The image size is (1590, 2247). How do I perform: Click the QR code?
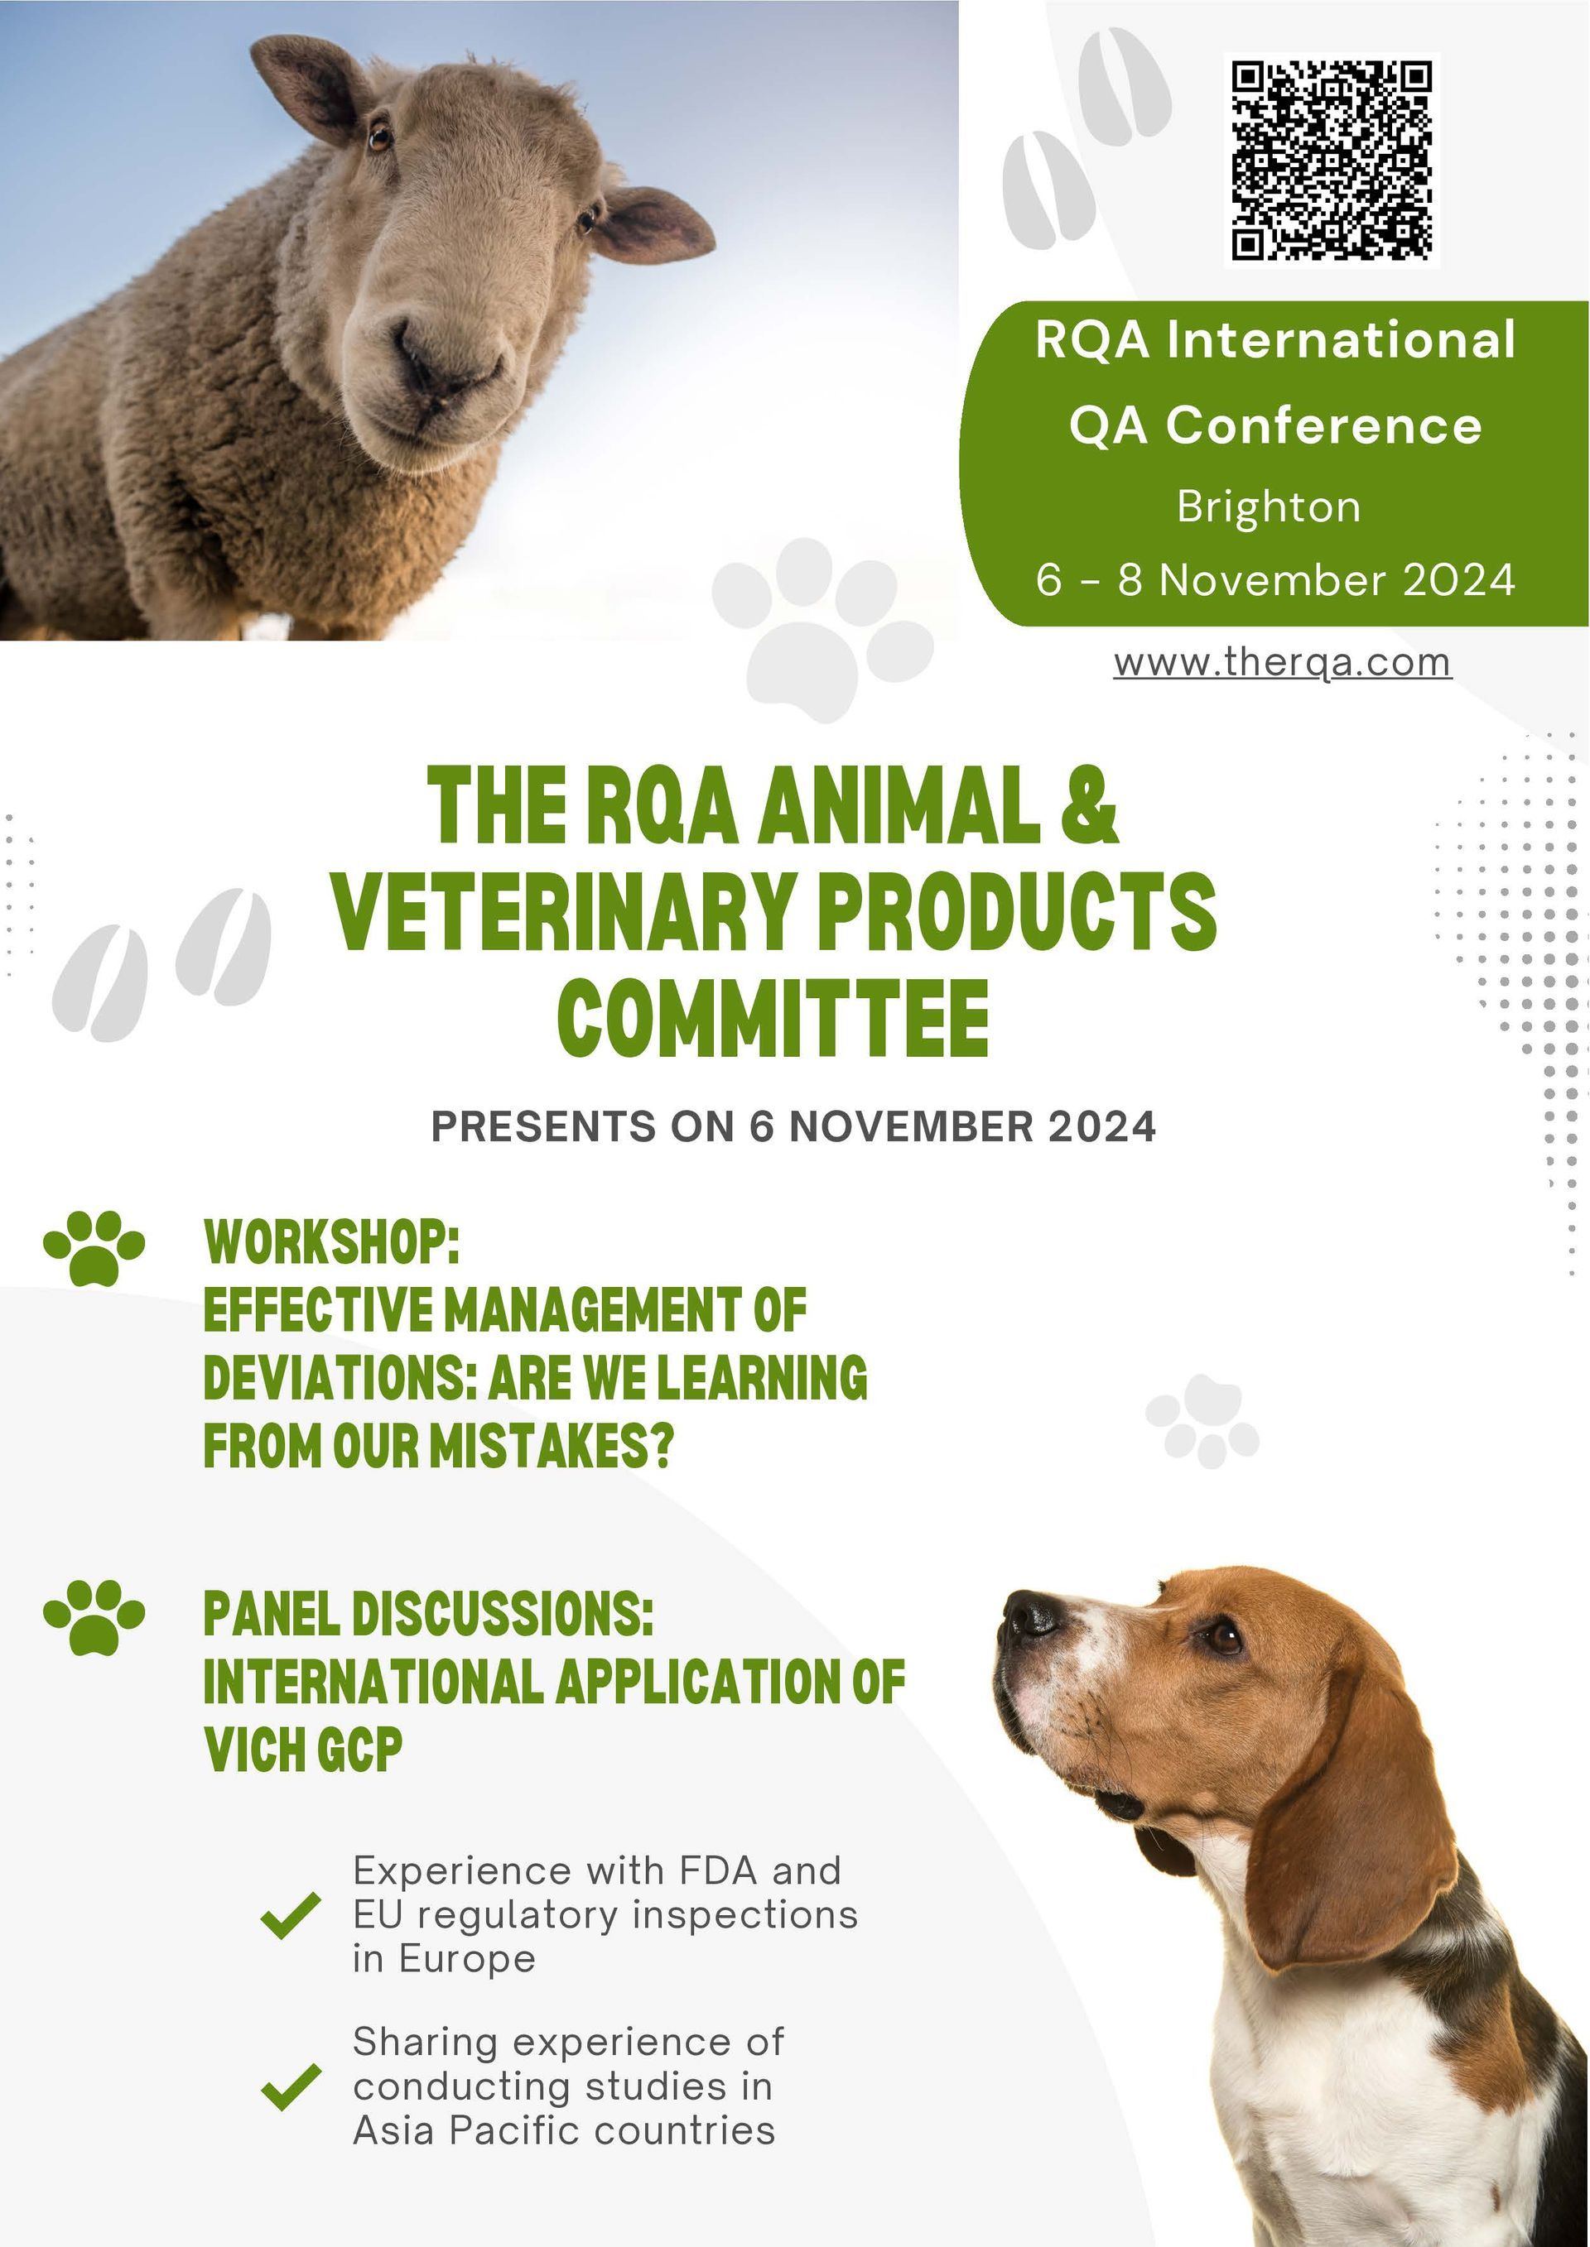[1332, 161]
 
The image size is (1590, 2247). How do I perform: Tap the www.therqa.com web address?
[1283, 663]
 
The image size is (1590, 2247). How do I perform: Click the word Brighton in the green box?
[1269, 508]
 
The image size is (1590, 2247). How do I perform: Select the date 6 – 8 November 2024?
[1275, 579]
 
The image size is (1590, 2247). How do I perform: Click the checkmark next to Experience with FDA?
[291, 1915]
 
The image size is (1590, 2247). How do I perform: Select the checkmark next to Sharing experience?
[291, 2086]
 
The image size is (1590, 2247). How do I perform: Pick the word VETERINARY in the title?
[562, 910]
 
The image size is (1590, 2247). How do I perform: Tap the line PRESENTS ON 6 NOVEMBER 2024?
[794, 1126]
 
